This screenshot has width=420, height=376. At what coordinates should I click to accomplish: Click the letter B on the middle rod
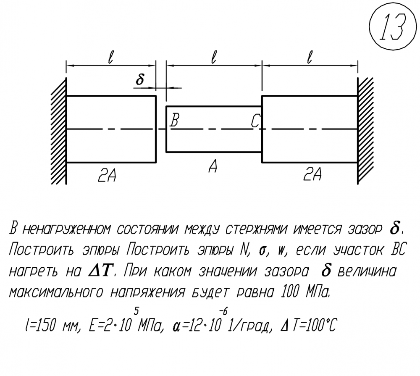point(174,120)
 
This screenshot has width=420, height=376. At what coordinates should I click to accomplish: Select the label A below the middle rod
point(213,166)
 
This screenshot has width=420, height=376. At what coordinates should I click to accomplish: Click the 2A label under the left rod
point(107,175)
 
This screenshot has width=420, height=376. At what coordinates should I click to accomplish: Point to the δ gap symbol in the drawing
point(139,79)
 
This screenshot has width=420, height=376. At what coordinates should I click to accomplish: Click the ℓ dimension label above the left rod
point(110,57)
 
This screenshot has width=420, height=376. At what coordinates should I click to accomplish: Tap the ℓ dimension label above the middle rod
point(213,57)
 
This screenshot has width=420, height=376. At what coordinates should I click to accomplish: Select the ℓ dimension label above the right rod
point(310,57)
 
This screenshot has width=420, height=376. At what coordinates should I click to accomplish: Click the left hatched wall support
point(59,131)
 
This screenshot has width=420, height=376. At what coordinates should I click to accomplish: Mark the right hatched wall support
point(365,131)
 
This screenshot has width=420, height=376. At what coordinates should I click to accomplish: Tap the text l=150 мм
point(52,325)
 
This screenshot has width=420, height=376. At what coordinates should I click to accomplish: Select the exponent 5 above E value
point(136,311)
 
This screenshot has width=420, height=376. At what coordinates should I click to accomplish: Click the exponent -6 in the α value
point(223,311)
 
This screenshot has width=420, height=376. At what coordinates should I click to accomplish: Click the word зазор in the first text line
point(365,230)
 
